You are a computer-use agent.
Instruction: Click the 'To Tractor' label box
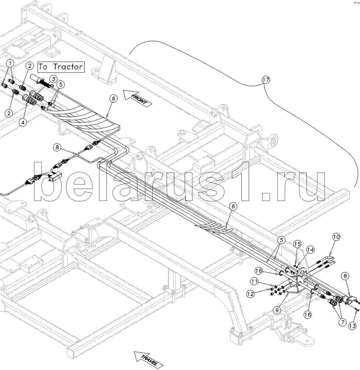click(61, 67)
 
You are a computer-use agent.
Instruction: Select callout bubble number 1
click(11, 64)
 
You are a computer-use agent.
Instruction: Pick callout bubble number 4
click(22, 122)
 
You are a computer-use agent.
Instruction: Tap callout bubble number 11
click(254, 281)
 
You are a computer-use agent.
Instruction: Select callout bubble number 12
click(250, 294)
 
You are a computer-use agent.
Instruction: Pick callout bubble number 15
click(297, 244)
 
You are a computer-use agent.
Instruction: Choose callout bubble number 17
click(266, 80)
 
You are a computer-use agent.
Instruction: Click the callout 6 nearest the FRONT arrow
click(114, 99)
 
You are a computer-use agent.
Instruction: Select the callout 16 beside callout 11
click(259, 271)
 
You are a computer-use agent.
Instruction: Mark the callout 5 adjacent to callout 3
click(60, 84)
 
